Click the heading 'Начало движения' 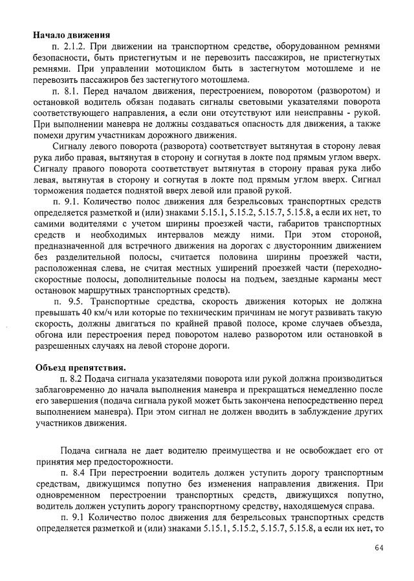(x=71, y=35)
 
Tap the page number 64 (x=379, y=548)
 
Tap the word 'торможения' (x=61, y=190)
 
